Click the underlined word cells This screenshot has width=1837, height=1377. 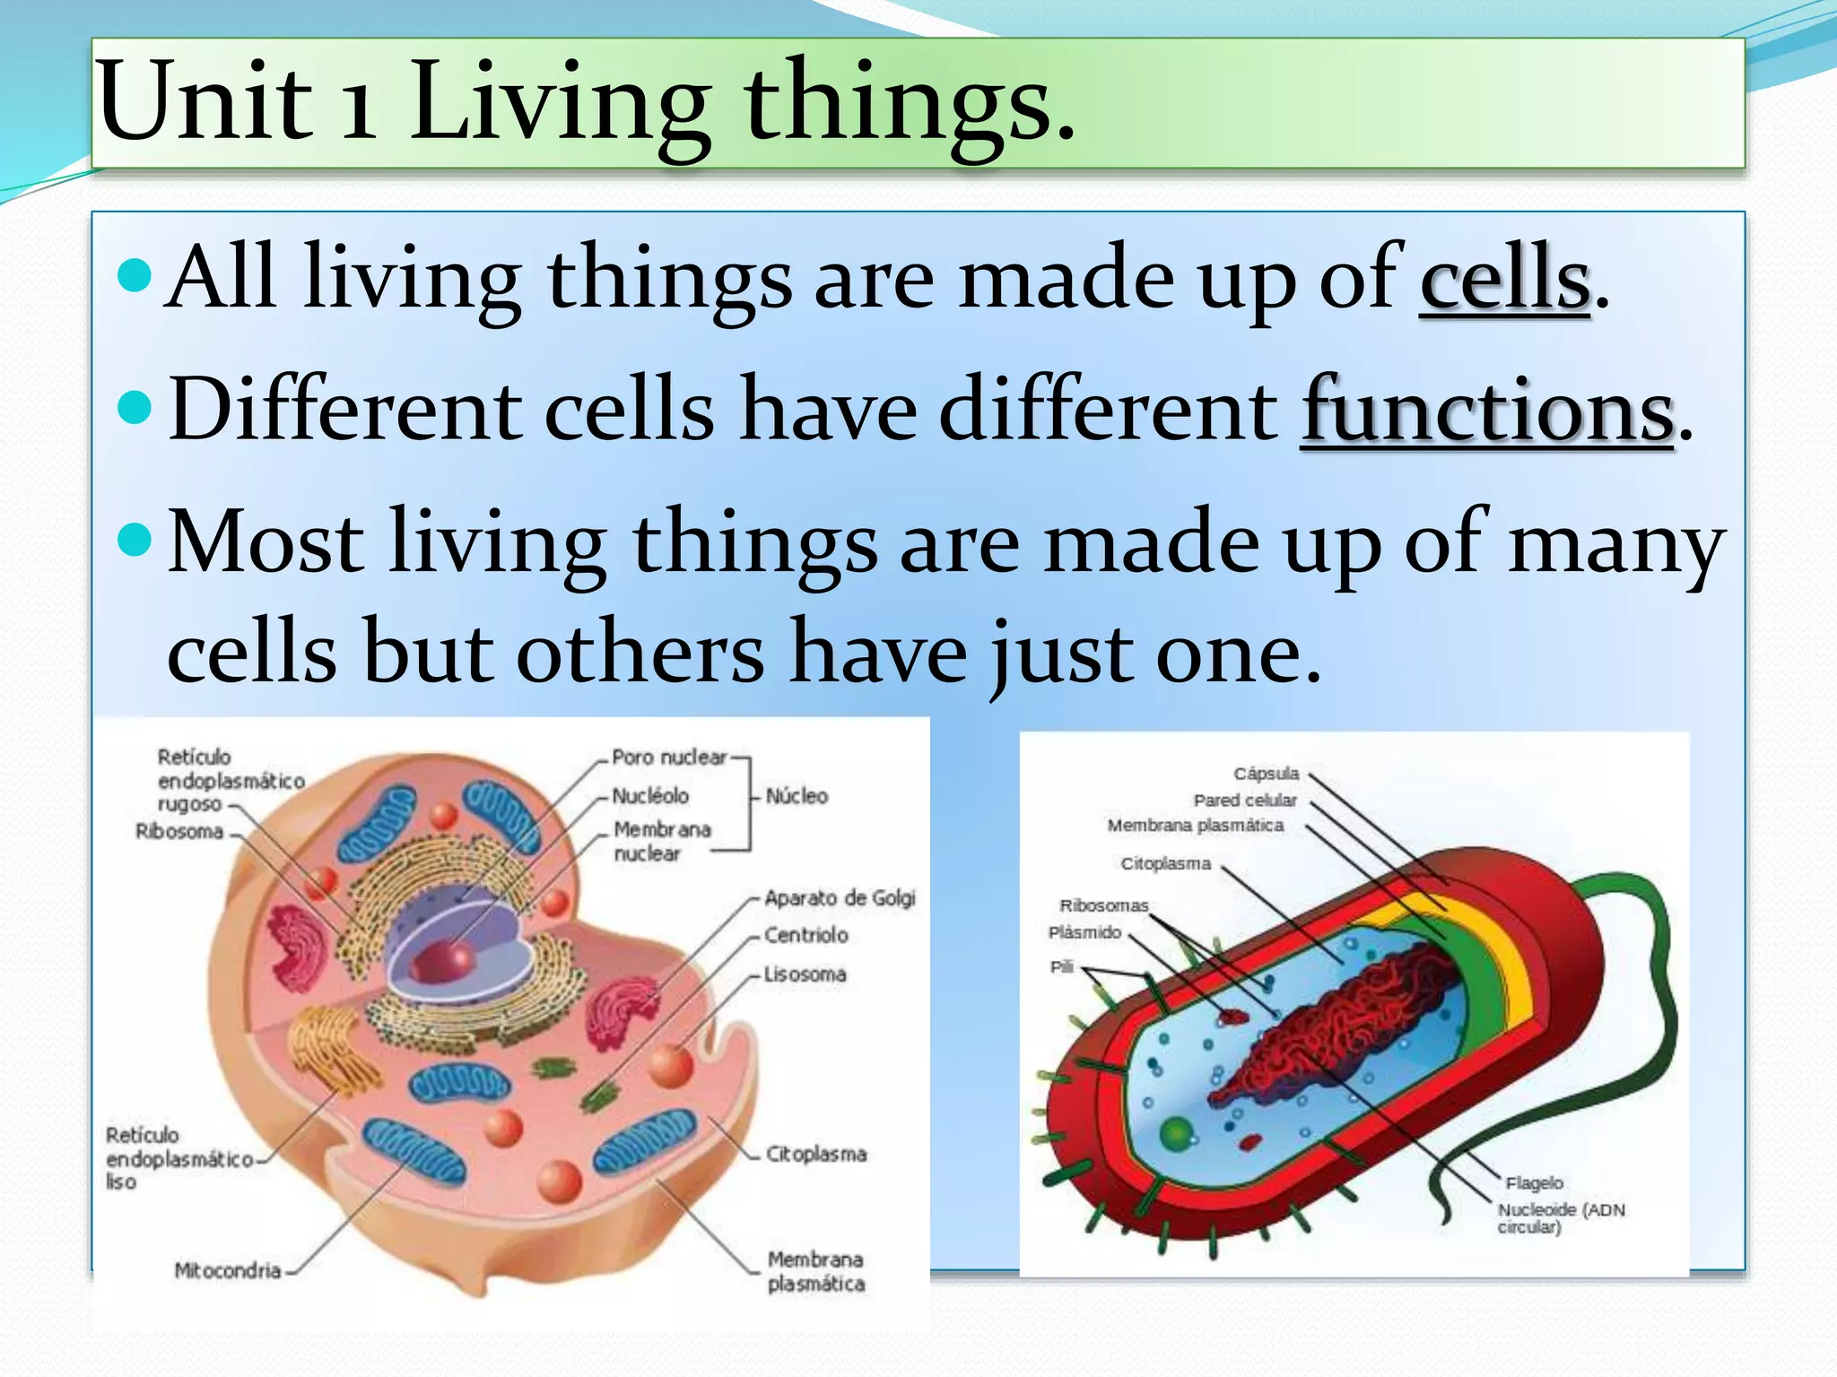pos(1504,278)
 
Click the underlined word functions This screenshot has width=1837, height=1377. pos(1487,411)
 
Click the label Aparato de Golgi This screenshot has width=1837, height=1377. pos(840,897)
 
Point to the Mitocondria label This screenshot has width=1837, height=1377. pos(228,1270)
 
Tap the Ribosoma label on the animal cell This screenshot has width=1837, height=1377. pos(179,831)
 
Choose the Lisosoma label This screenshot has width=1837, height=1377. pos(805,974)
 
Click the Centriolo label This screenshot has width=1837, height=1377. pos(805,935)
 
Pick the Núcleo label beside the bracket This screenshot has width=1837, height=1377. pos(797,795)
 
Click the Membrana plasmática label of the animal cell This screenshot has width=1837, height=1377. pos(815,1271)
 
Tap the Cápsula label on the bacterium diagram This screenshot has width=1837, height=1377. pos(1266,773)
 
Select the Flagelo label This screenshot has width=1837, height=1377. pos(1534,1183)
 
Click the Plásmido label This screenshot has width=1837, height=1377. pos(1084,932)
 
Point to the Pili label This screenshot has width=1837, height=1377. pos(1061,966)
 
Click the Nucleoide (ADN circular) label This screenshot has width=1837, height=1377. pos(1560,1217)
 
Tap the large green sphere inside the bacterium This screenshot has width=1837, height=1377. pos(1176,1134)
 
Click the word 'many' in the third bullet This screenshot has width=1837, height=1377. pos(1615,543)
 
